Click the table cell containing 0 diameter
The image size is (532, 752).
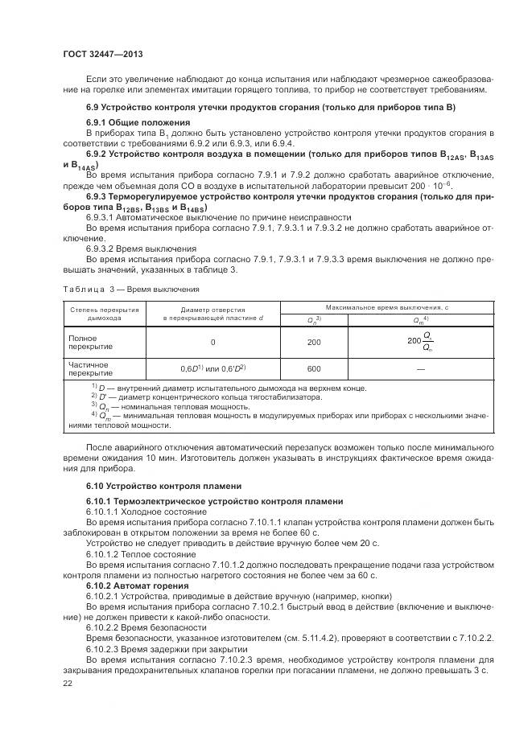point(212,342)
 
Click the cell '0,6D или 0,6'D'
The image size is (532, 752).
point(212,368)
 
